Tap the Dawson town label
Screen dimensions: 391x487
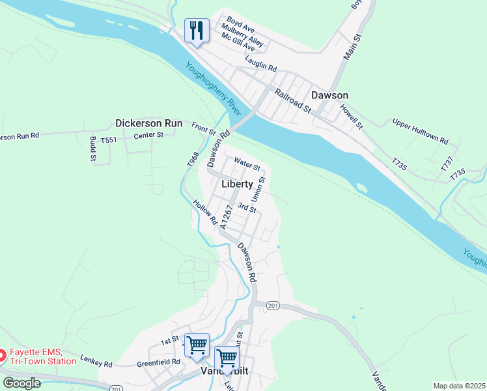(329, 95)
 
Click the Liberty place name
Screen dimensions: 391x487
(237, 184)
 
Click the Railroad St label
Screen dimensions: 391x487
(293, 101)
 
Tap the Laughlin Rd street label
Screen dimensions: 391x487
(261, 63)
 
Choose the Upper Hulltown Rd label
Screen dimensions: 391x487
(420, 131)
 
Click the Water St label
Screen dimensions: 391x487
(247, 163)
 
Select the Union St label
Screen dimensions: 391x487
(258, 188)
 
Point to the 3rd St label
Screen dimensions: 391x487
(247, 207)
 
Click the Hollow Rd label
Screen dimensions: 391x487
(205, 212)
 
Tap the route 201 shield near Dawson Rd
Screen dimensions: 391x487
(272, 306)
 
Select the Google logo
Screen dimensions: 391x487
(21, 383)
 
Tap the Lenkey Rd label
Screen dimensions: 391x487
(96, 360)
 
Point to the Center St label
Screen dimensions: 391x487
(148, 136)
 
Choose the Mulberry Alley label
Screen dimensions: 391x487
(242, 38)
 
